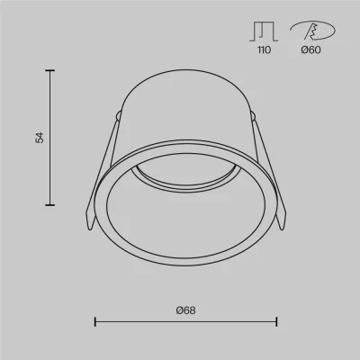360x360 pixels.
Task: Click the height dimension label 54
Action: pos(40,138)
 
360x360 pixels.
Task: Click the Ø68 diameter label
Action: pos(185,310)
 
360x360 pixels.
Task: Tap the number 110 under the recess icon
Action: pos(264,49)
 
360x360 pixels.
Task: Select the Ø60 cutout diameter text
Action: pos(310,49)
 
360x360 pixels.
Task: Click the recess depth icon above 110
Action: pos(264,31)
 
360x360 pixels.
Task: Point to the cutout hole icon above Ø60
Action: pos(312,31)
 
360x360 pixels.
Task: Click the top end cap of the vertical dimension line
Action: pos(49,70)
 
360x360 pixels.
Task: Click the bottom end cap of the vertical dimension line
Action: pos(49,205)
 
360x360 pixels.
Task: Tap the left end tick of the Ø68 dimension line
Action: pos(95,322)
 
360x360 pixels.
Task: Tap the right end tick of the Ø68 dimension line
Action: pos(276,322)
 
